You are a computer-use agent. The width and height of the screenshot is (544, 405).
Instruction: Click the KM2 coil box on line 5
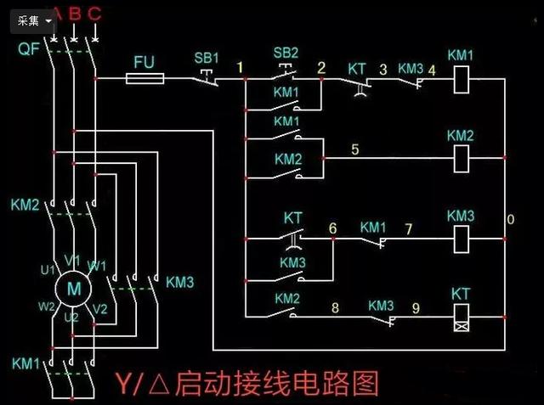(x=459, y=156)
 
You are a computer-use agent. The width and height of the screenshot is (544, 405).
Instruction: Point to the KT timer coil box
(x=460, y=318)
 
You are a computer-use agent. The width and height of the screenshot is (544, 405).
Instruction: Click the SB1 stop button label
(x=207, y=58)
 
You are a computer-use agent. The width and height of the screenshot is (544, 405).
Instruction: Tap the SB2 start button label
(x=286, y=53)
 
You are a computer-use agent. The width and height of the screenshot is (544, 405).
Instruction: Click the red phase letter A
(x=56, y=13)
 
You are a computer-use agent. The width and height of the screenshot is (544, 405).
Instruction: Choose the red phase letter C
(x=94, y=13)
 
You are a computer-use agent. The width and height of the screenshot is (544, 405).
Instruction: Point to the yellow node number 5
(x=355, y=150)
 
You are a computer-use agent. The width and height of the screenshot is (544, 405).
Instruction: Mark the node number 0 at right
(x=510, y=220)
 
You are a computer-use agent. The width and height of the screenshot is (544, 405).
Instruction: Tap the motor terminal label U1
(x=47, y=269)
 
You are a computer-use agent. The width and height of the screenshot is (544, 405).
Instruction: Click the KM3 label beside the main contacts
(x=179, y=281)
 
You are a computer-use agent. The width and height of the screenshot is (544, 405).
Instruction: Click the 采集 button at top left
(x=33, y=20)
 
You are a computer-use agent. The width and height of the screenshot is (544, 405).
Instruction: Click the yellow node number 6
(x=332, y=228)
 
